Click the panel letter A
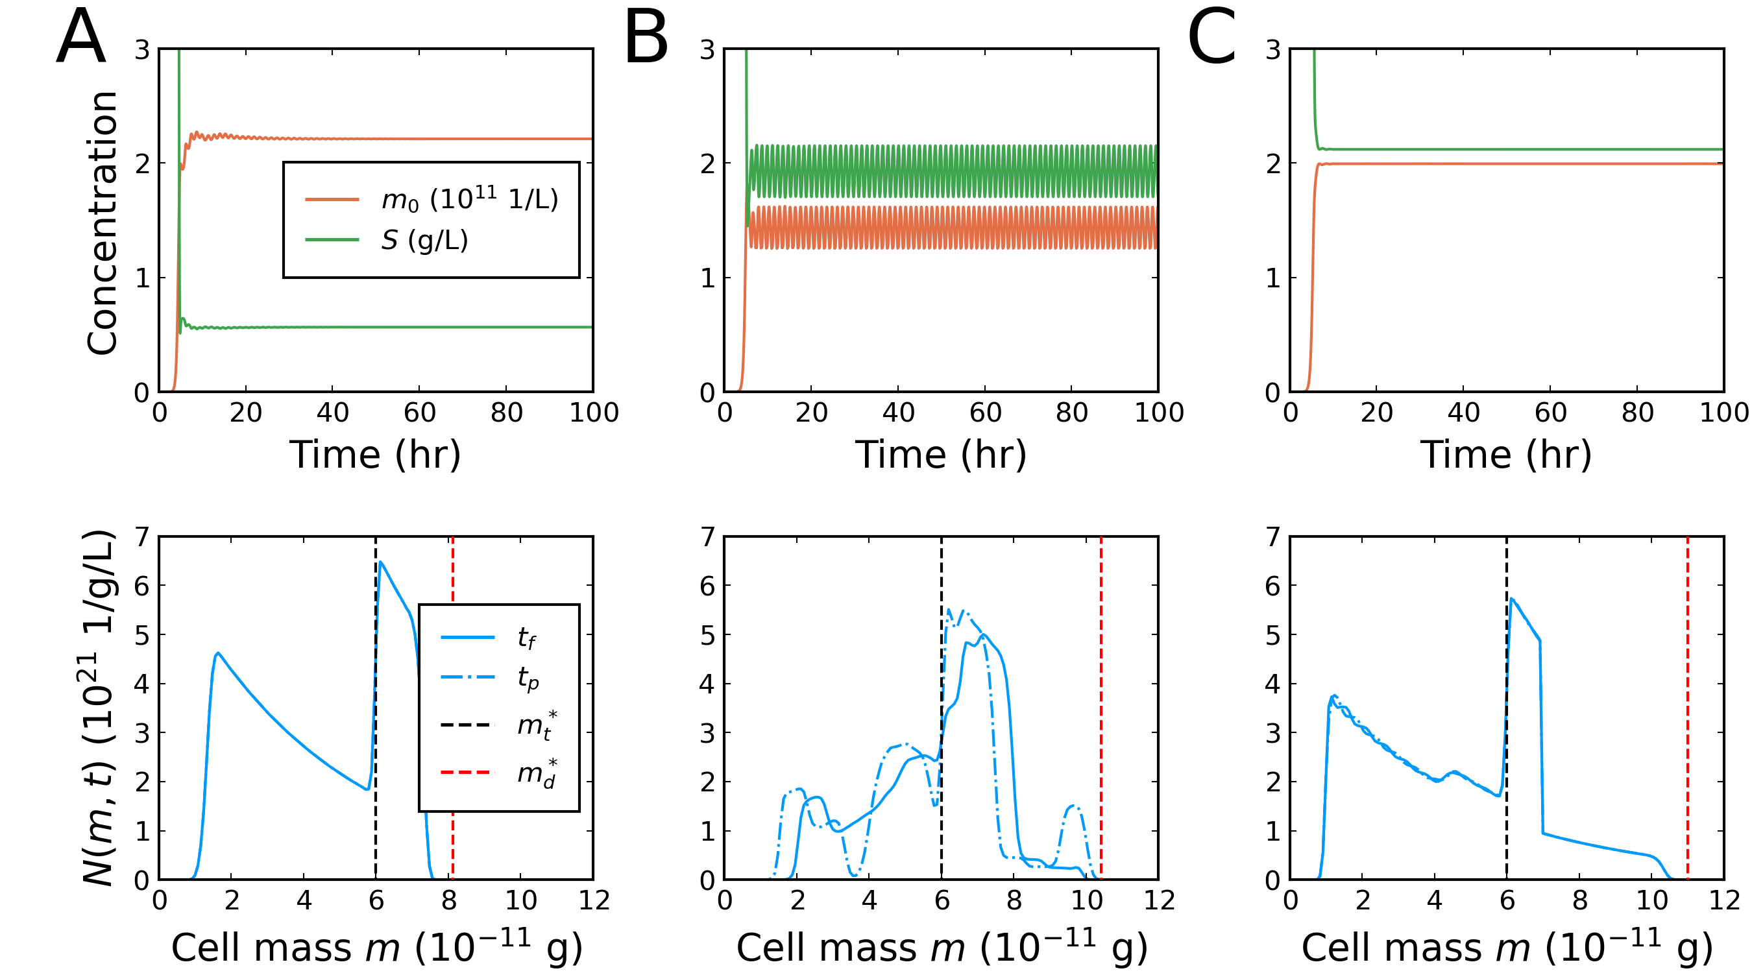[x=81, y=37]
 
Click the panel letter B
[x=646, y=38]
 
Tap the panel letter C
[x=1211, y=37]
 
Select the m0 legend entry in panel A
[x=432, y=199]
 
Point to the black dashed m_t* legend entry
[x=497, y=725]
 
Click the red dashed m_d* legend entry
[x=497, y=773]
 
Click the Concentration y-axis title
[x=103, y=223]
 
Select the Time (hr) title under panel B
[x=941, y=454]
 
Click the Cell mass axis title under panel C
[x=1507, y=947]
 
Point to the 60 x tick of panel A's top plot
[x=420, y=413]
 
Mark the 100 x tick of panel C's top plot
[x=1723, y=413]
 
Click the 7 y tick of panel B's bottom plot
[x=708, y=537]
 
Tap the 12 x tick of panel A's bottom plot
[x=594, y=900]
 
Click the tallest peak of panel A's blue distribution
[x=380, y=562]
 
